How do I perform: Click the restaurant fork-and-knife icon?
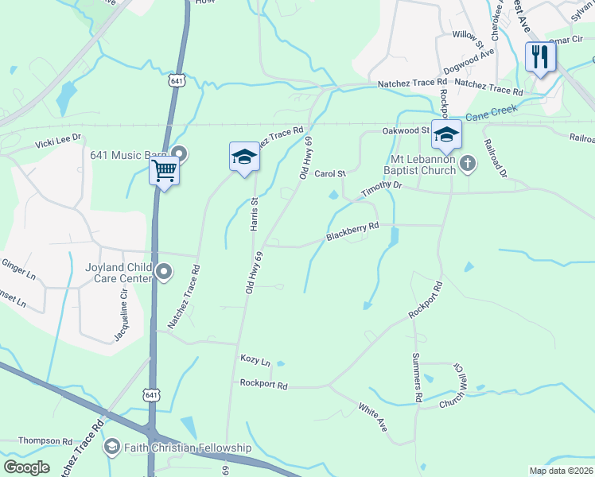point(540,56)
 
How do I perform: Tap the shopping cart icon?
point(164,169)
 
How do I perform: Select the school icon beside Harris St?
point(244,157)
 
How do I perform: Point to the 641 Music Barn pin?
point(179,153)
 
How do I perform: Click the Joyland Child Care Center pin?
point(165,273)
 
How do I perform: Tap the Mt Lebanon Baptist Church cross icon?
point(469,164)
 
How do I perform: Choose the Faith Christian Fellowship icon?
point(111,448)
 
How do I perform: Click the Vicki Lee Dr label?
point(57,140)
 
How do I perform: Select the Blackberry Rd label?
point(352,232)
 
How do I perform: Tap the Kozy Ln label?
point(255,360)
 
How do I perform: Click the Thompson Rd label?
point(45,440)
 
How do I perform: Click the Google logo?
point(27,467)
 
